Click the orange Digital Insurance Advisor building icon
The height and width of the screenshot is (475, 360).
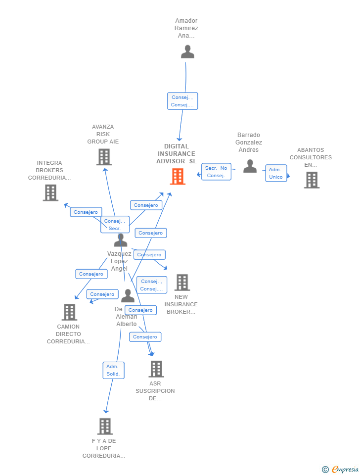[178, 177]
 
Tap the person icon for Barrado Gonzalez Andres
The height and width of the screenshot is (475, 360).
[250, 166]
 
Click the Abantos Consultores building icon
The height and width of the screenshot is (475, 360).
[312, 180]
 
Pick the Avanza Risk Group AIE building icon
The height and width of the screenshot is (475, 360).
[104, 157]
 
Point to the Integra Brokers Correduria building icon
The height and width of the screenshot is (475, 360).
[50, 193]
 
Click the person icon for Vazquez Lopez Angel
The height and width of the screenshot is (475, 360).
[121, 240]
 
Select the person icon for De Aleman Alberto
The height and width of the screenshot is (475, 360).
[128, 296]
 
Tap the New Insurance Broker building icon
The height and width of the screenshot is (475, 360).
[182, 283]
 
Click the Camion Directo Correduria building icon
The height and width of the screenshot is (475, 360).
[69, 312]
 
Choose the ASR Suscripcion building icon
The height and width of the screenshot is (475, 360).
[156, 369]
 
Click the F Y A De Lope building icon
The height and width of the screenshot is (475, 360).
[105, 427]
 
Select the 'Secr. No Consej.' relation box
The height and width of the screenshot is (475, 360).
[216, 172]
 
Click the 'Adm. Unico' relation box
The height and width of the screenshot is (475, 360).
[276, 173]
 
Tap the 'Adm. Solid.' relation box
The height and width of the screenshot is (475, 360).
[113, 370]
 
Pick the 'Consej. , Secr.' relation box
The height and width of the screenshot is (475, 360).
[115, 225]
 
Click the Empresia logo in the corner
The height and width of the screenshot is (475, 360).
[341, 469]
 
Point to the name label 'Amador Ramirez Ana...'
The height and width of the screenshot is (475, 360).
[186, 28]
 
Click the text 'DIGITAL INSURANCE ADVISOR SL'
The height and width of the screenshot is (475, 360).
[177, 154]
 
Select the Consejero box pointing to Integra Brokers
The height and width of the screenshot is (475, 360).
[86, 212]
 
